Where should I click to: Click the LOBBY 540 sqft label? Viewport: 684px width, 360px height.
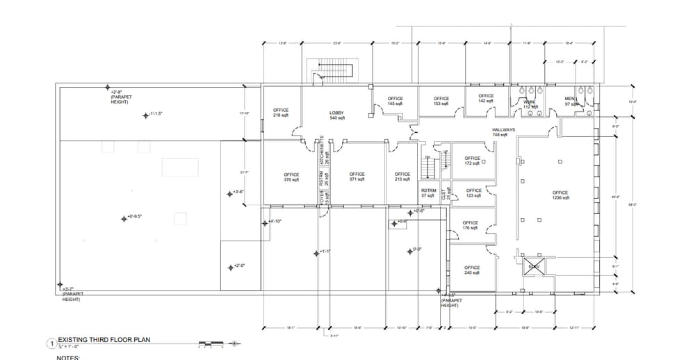click(338, 115)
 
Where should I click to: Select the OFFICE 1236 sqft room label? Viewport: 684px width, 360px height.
click(560, 195)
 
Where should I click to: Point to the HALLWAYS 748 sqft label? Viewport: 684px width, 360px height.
click(504, 132)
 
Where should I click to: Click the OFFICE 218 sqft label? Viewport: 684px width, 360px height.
click(281, 113)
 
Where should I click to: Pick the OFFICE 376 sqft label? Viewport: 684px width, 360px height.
click(291, 177)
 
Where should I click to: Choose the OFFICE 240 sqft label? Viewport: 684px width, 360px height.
click(472, 270)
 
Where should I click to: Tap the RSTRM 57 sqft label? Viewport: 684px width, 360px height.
click(428, 193)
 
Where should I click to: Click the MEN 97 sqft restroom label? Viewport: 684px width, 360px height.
click(570, 101)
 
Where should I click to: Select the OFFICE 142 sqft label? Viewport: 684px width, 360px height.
click(486, 98)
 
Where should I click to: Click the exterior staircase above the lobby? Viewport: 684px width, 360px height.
click(336, 69)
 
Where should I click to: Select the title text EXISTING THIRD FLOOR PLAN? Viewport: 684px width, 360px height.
click(104, 340)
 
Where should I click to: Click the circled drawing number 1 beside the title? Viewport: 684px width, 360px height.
click(50, 343)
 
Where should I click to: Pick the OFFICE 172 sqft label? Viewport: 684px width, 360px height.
click(472, 161)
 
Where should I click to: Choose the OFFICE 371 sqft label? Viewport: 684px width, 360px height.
click(357, 177)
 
